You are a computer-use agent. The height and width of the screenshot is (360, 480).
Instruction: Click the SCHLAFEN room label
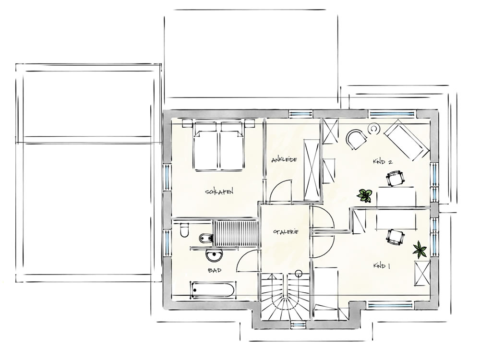pyautogui.click(x=219, y=192)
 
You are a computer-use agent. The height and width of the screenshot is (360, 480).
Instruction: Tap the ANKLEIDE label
pyautogui.click(x=284, y=159)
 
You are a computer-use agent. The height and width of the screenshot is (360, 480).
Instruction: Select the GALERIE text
pyautogui.click(x=286, y=232)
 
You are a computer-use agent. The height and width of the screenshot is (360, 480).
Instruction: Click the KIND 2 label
pyautogui.click(x=383, y=162)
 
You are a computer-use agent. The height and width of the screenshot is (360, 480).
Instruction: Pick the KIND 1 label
pyautogui.click(x=382, y=266)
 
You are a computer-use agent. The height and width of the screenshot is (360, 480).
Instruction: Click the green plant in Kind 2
pyautogui.click(x=365, y=195)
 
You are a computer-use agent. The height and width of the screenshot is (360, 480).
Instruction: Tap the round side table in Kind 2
pyautogui.click(x=373, y=129)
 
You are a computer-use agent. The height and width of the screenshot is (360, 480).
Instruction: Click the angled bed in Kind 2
pyautogui.click(x=407, y=139)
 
